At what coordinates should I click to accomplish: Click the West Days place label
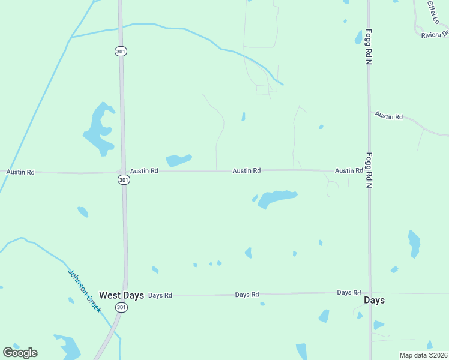coord(122,295)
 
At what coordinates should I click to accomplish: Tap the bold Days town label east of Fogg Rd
coord(374,300)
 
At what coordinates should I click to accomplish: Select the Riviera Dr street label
coord(435,35)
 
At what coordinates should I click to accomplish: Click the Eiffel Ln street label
coord(433,12)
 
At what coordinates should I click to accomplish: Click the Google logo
coord(20,353)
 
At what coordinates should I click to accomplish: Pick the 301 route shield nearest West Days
coord(122,307)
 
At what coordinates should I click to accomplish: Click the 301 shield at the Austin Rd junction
coord(123,180)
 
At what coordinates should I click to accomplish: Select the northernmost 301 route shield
coord(120,52)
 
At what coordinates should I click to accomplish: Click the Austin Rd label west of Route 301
coord(20,172)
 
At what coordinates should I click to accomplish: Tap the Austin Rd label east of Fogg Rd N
coord(389,116)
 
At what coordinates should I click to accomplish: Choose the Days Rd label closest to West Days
coord(160,295)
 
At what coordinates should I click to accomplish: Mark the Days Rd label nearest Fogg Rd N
coord(348,292)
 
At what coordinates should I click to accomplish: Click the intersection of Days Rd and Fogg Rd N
coord(370,293)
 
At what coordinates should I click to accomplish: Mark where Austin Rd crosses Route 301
coord(124,172)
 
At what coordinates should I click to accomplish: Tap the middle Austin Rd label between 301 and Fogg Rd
coord(247,171)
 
